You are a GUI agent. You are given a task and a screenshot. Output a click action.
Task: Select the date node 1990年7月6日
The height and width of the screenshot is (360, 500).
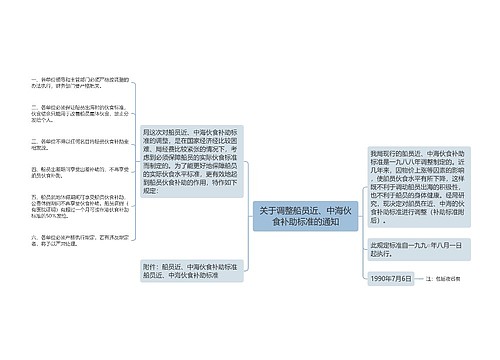391,277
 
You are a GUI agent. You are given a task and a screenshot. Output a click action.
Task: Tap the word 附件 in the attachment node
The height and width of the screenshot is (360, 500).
152,265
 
